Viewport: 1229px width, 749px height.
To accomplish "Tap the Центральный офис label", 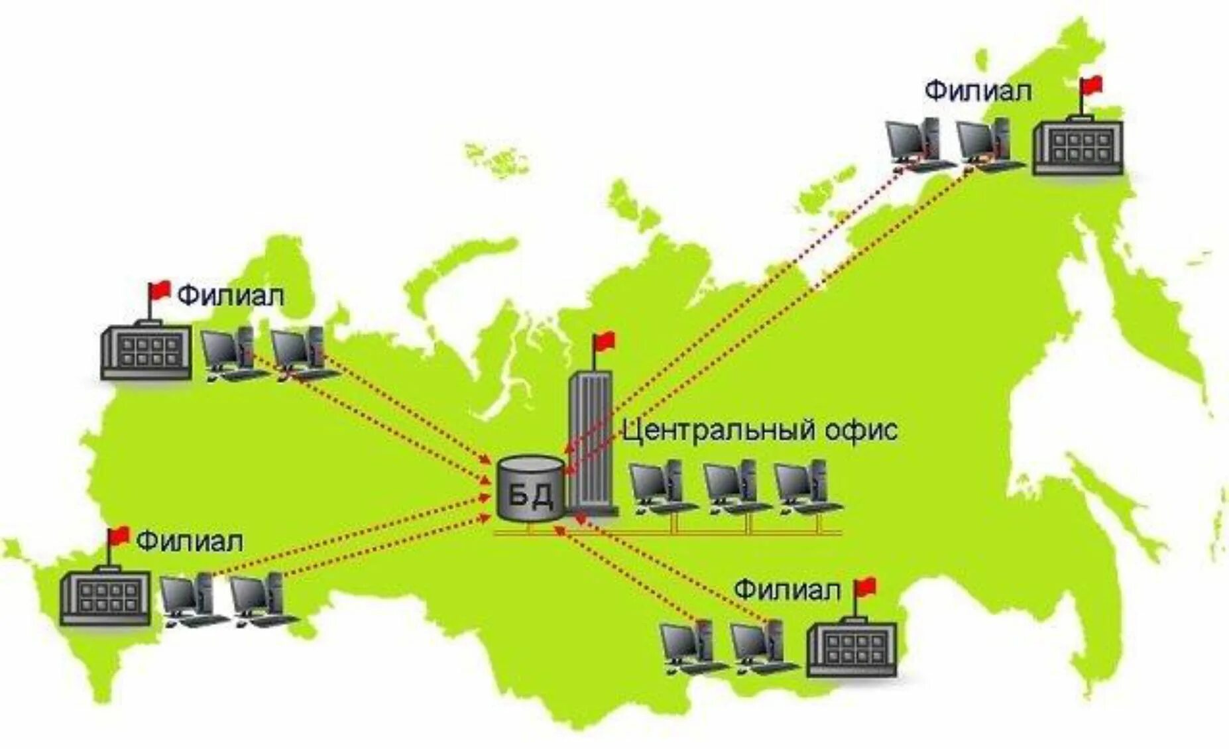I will coord(760,431).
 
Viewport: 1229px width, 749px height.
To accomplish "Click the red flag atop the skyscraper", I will coord(604,342).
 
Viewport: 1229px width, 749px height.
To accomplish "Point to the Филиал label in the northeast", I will coord(978,91).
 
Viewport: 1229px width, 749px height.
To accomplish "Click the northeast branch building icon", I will coord(1078,147).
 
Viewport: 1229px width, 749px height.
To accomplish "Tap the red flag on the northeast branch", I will coord(1091,85).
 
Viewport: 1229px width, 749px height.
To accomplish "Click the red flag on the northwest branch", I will coord(160,290).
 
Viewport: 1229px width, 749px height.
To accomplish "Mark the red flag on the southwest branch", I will coord(119,535).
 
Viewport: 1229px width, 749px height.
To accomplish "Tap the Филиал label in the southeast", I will coord(787,590).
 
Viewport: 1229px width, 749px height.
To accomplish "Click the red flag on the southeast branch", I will coord(866,586).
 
